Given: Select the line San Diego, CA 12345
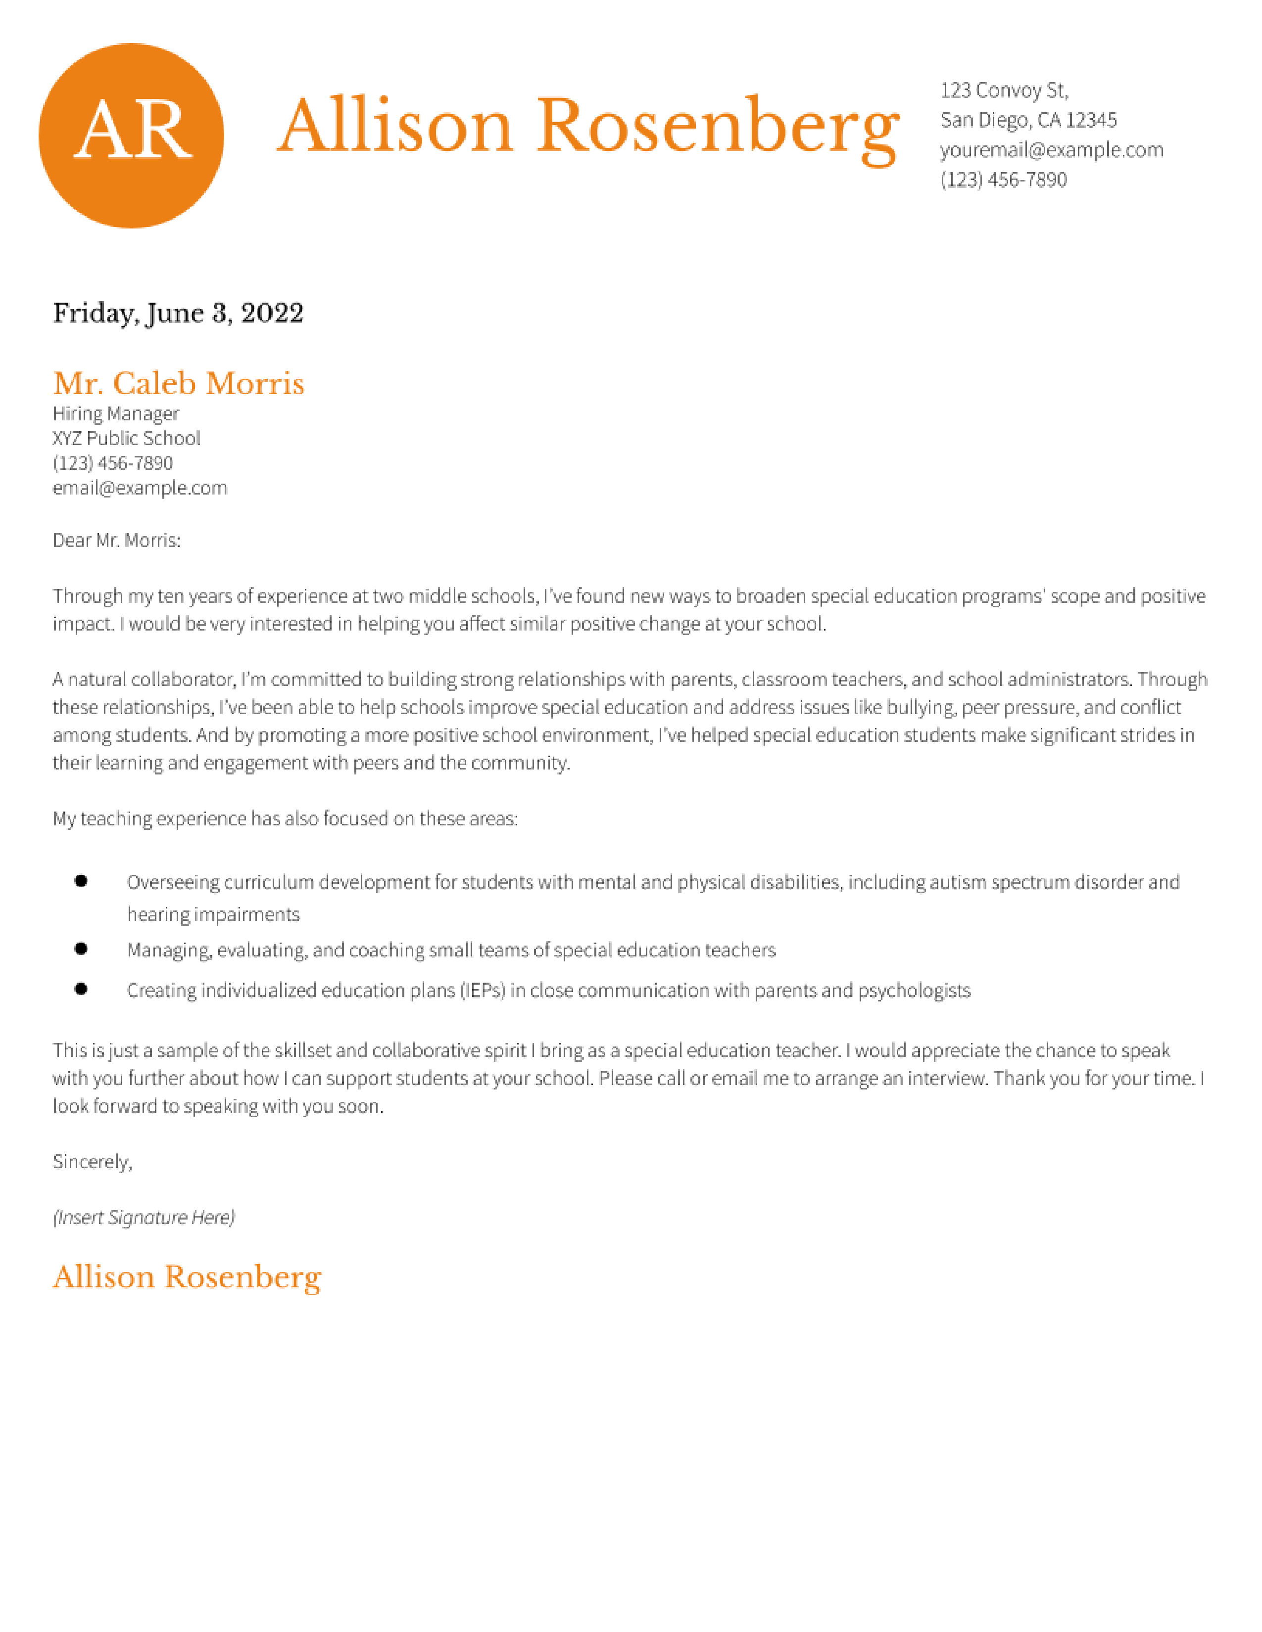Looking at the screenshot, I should tap(1028, 120).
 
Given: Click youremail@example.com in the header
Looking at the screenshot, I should tap(1051, 150).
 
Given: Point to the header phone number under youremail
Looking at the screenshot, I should tap(1003, 180).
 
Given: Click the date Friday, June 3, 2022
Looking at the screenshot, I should tap(178, 313).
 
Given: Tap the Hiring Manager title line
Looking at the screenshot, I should tap(116, 414).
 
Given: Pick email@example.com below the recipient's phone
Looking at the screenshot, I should tap(140, 488).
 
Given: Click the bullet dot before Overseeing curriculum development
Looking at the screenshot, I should tap(81, 881).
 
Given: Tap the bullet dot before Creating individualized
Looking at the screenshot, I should tap(81, 989).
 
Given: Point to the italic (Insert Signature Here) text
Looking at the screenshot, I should tap(144, 1217).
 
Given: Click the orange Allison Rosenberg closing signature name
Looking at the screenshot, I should tap(187, 1277).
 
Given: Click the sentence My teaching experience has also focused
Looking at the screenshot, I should tap(285, 819).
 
